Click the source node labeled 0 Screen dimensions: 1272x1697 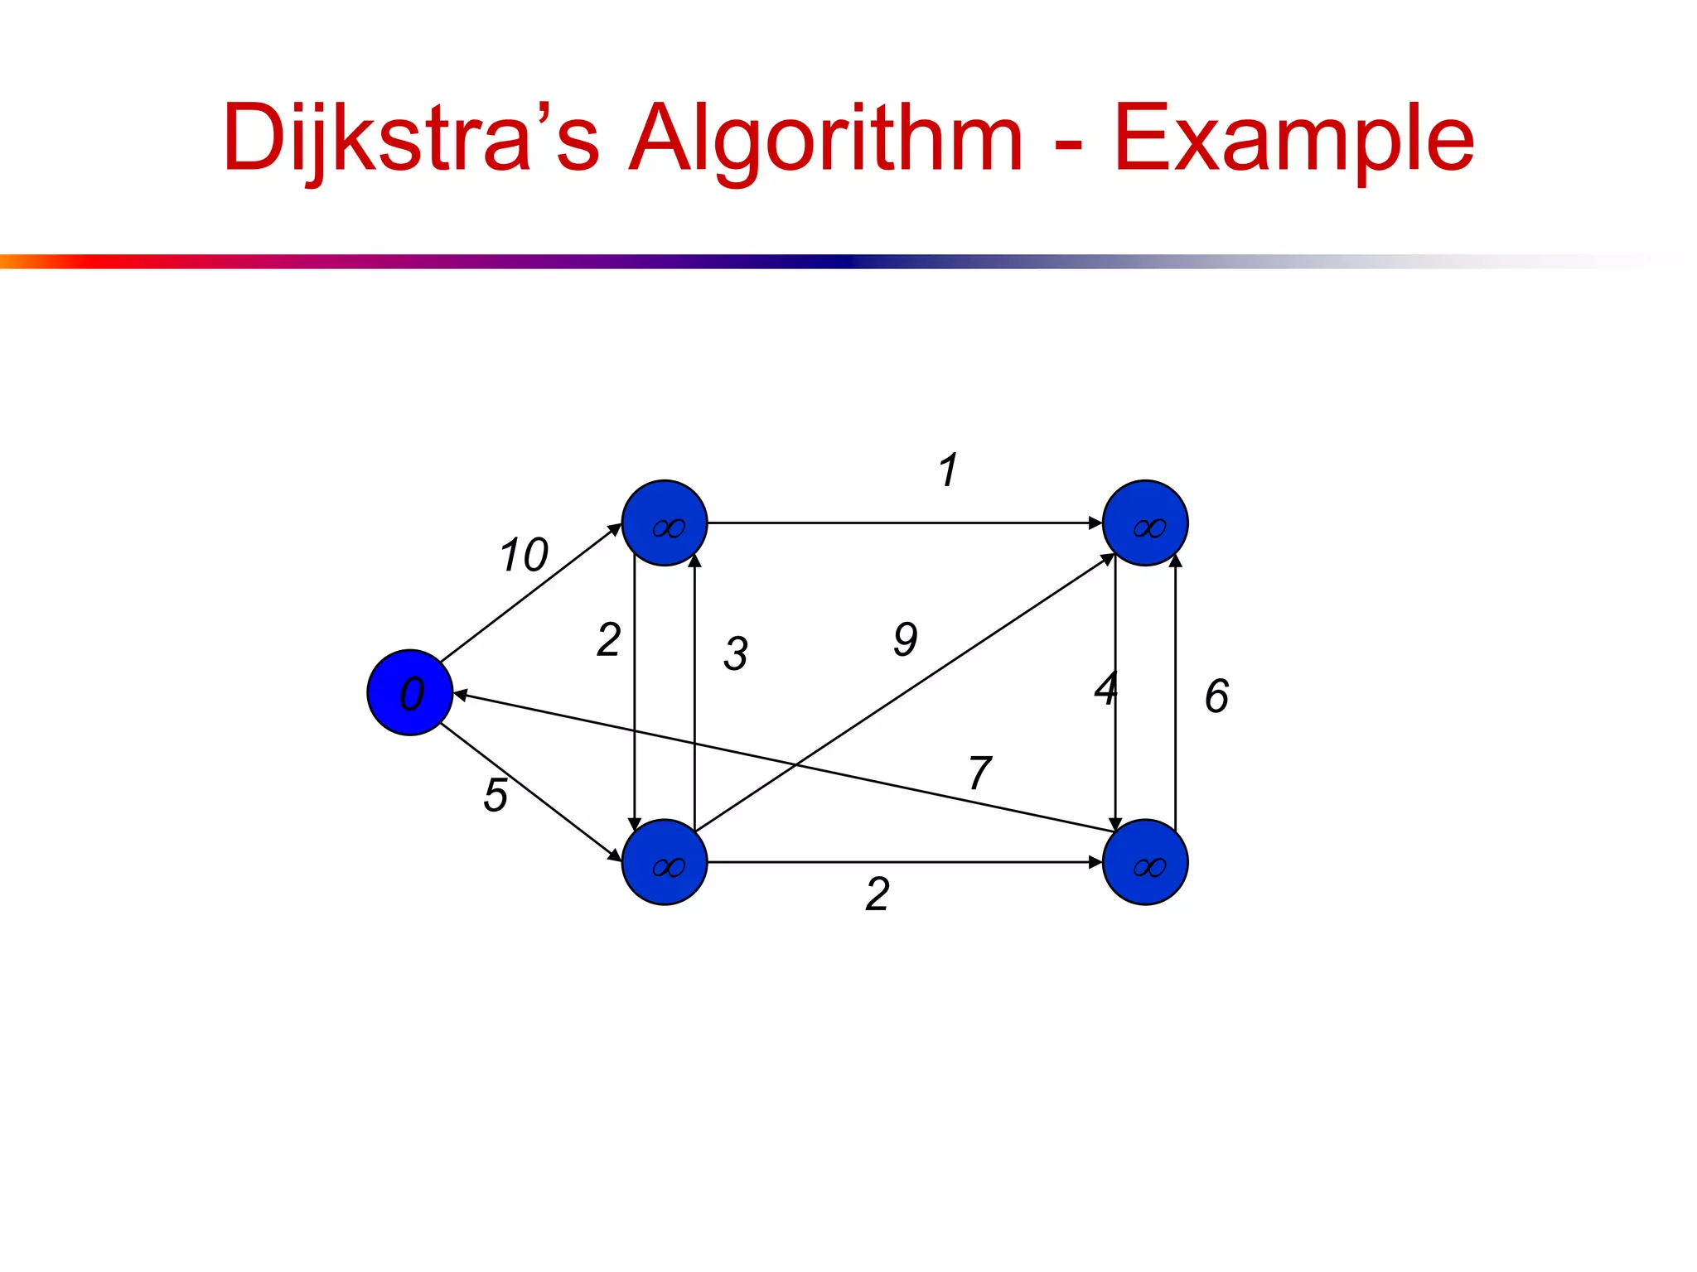[x=410, y=692]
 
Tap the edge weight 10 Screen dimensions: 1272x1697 [x=524, y=555]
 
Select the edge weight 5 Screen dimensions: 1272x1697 [x=496, y=795]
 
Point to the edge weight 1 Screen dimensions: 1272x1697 [x=949, y=470]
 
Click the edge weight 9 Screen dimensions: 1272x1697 [x=906, y=639]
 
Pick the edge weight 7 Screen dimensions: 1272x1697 [x=979, y=773]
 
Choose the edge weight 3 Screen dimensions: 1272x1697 [x=736, y=653]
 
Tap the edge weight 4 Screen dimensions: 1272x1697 [x=1106, y=689]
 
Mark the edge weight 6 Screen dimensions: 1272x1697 [x=1216, y=696]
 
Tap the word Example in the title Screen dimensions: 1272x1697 [x=1293, y=138]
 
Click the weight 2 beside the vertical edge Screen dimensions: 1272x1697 [x=609, y=640]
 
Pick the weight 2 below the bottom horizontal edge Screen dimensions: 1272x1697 [x=878, y=894]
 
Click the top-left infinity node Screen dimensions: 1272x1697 [x=665, y=523]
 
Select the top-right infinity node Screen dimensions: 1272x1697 [x=1145, y=523]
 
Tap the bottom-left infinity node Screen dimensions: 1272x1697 [x=665, y=862]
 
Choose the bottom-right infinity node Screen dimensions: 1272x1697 [x=1145, y=862]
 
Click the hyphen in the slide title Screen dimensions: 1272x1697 [x=1068, y=147]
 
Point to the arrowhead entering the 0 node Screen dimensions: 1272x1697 [x=460, y=695]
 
